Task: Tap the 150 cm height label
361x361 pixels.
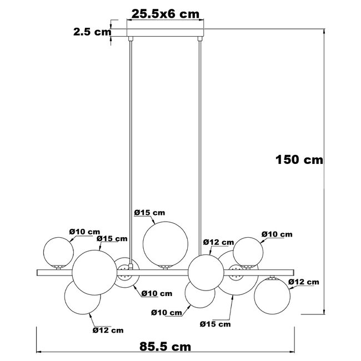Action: point(299,160)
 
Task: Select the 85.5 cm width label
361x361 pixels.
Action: point(165,347)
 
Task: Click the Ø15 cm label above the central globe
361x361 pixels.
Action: point(150,213)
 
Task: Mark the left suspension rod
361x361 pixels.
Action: point(131,139)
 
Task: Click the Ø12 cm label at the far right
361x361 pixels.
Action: point(304,282)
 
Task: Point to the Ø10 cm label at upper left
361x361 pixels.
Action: point(84,232)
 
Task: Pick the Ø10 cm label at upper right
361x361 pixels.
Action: point(276,234)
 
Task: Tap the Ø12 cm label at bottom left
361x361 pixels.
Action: point(108,330)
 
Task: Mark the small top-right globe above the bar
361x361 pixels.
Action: point(248,252)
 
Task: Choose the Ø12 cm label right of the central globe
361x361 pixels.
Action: point(218,242)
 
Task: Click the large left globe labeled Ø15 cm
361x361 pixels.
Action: point(94,272)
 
